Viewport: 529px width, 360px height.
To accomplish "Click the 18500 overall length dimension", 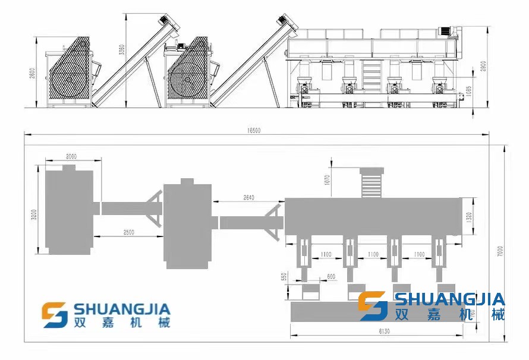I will pyautogui.click(x=254, y=130).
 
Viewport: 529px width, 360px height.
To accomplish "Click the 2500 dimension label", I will pyautogui.click(x=128, y=231).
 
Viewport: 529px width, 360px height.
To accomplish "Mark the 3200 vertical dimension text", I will pyautogui.click(x=34, y=211).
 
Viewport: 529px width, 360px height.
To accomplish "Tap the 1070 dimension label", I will pyautogui.click(x=327, y=179).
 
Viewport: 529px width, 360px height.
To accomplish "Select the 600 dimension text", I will pyautogui.click(x=330, y=276).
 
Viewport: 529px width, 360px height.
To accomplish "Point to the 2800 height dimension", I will pyautogui.click(x=33, y=72).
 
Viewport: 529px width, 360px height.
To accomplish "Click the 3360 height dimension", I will pyautogui.click(x=121, y=51).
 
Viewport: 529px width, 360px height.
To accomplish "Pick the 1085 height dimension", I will pyautogui.click(x=470, y=91).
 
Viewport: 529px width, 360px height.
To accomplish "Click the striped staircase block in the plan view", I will pyautogui.click(x=372, y=184).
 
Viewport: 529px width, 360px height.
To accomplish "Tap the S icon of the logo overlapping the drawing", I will pyautogui.click(x=373, y=305).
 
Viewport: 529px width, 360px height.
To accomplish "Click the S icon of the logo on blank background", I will pyautogui.click(x=55, y=315).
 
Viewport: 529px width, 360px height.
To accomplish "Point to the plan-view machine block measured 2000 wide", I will pyautogui.click(x=70, y=210).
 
